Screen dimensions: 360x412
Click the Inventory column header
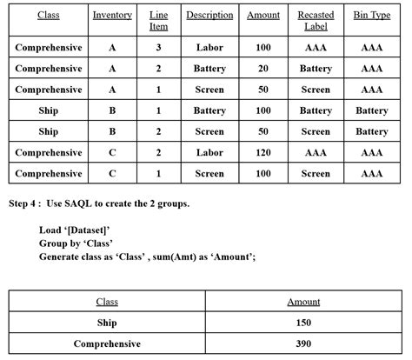[x=112, y=15]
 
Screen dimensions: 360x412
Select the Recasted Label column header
[x=316, y=21]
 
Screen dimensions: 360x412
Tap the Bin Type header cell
[x=372, y=15]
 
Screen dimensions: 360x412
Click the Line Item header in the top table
[x=159, y=21]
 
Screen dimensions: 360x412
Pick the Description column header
[x=209, y=15]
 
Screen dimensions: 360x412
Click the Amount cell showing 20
[x=263, y=68]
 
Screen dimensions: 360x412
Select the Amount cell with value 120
[x=263, y=152]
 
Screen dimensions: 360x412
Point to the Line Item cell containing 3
[x=159, y=47]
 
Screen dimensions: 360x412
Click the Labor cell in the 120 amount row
[x=209, y=152]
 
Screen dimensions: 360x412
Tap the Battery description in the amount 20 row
[x=209, y=68]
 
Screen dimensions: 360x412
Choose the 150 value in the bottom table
[x=303, y=323]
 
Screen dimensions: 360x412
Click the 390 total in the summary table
[x=303, y=343]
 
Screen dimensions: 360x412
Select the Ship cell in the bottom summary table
[x=107, y=323]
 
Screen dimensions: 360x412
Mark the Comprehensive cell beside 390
[x=107, y=343]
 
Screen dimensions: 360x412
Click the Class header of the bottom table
[x=107, y=302]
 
